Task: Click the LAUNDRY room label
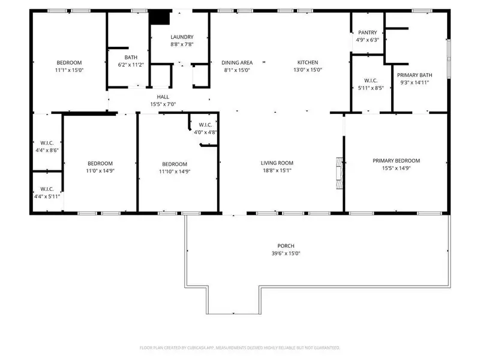(182, 37)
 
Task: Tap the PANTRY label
(367, 32)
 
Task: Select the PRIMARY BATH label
(415, 75)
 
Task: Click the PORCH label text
(286, 245)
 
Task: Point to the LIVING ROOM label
(277, 163)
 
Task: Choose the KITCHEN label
(308, 62)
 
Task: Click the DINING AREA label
(237, 62)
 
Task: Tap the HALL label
(163, 97)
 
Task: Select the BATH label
(123, 57)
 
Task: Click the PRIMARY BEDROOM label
(396, 160)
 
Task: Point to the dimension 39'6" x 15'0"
(286, 253)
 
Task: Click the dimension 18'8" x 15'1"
(277, 170)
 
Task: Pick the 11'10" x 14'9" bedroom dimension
(174, 172)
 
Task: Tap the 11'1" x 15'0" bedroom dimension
(69, 70)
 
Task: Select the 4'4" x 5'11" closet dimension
(46, 196)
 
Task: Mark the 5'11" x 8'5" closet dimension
(370, 88)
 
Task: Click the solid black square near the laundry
(158, 17)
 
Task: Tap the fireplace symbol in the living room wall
(340, 173)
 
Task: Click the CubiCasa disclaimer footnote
(240, 347)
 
